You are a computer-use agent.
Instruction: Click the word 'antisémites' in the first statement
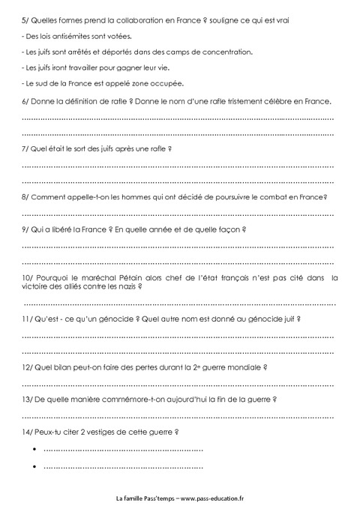(x=64, y=35)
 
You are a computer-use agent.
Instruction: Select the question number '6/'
(x=26, y=101)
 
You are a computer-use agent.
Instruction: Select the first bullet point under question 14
(x=35, y=449)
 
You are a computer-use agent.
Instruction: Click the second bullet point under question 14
(x=35, y=466)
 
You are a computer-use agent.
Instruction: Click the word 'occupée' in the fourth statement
(x=166, y=83)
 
